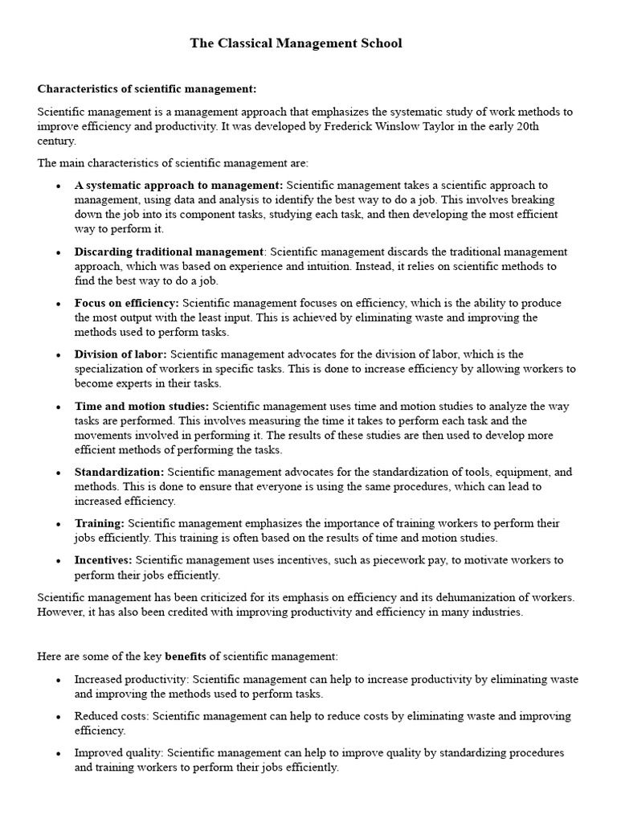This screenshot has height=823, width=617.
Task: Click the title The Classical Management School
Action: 296,44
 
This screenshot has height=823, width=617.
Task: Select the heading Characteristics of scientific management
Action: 147,88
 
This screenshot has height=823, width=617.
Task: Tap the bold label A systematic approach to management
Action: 178,186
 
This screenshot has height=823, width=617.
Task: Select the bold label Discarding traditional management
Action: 169,252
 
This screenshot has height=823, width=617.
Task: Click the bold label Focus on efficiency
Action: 127,304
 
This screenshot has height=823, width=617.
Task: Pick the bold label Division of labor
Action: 121,354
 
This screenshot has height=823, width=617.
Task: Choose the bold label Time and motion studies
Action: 141,406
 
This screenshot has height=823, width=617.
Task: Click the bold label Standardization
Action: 119,472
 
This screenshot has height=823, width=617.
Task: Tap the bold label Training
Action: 99,523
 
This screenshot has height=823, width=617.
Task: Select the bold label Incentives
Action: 104,559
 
